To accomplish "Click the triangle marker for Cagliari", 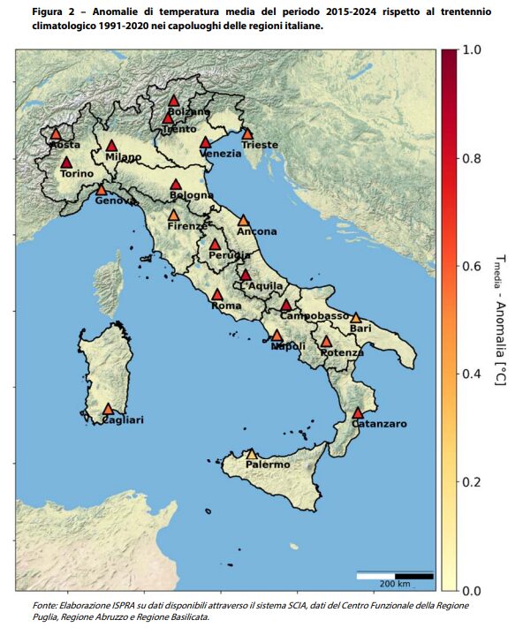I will (x=108, y=409).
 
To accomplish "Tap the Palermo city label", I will (x=268, y=465).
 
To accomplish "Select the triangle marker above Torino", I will (x=66, y=163).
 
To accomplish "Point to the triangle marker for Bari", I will (x=356, y=318).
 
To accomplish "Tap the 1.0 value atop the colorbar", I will (x=473, y=51).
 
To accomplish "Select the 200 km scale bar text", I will (x=395, y=584).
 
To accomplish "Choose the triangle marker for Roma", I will (x=217, y=295).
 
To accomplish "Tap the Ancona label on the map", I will (x=256, y=231).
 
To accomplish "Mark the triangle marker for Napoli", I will (x=277, y=336).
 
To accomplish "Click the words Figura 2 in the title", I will (x=53, y=11).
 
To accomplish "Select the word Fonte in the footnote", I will (x=43, y=605).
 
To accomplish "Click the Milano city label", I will (x=123, y=157).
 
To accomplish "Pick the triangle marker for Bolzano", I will (x=175, y=101).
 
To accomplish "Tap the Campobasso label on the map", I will (x=315, y=315).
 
